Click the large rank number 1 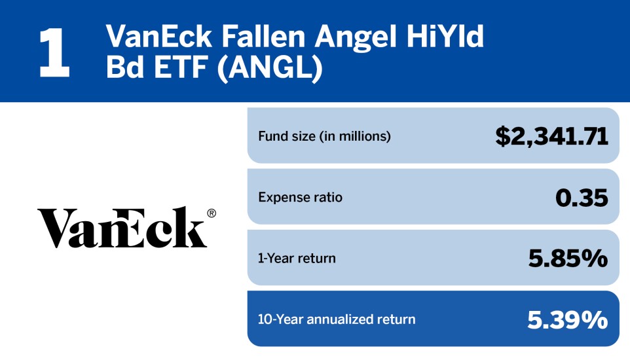[54, 53]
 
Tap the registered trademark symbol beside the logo [211, 213]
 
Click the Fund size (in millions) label [324, 136]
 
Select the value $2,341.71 [551, 135]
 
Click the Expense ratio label [300, 197]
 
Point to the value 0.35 [581, 197]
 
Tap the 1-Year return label [297, 258]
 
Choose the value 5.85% [568, 258]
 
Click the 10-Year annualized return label [337, 319]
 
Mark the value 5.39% [567, 319]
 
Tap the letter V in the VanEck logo [55, 228]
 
